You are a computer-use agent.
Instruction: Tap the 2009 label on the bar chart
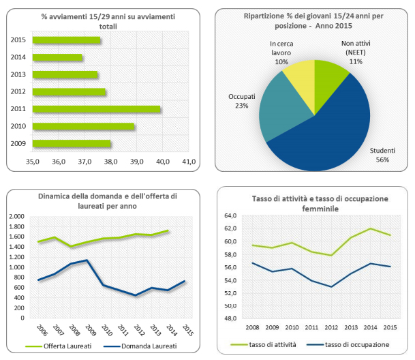pos(18,143)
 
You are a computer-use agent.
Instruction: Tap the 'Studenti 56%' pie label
pos(380,155)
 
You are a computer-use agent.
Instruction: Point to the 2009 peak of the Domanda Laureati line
pos(86,260)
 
